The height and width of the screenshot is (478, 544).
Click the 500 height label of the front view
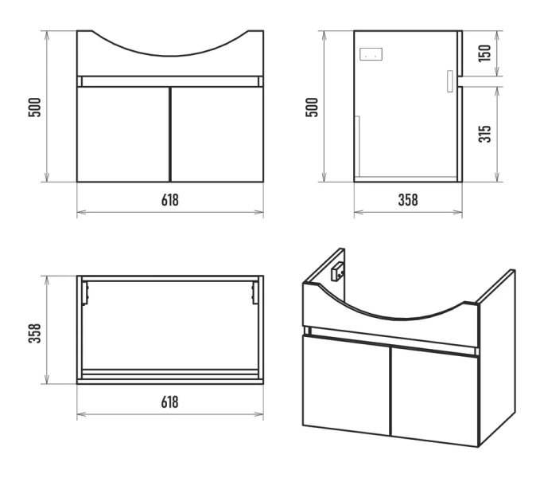[34, 108]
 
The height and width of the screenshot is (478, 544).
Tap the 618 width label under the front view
[170, 200]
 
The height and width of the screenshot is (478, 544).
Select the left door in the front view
[123, 134]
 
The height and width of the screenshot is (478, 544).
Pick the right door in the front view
[218, 134]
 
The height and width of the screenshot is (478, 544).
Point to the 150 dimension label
[484, 53]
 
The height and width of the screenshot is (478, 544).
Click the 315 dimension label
[484, 134]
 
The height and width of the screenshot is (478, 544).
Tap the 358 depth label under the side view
[408, 200]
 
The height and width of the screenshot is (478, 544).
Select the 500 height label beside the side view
[312, 108]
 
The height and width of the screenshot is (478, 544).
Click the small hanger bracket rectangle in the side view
[371, 54]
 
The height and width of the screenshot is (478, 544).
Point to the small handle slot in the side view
[450, 81]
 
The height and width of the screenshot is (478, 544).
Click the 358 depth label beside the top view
[34, 333]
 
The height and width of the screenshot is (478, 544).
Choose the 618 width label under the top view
[170, 402]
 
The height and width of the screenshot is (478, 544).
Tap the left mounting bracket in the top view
[85, 292]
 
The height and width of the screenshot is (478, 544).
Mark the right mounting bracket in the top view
[255, 292]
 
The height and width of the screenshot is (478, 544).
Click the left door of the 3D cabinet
[346, 385]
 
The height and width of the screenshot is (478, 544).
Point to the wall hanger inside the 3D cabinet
[337, 272]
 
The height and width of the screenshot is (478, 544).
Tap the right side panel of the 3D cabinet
[497, 358]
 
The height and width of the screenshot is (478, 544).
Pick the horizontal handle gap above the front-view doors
[170, 81]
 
